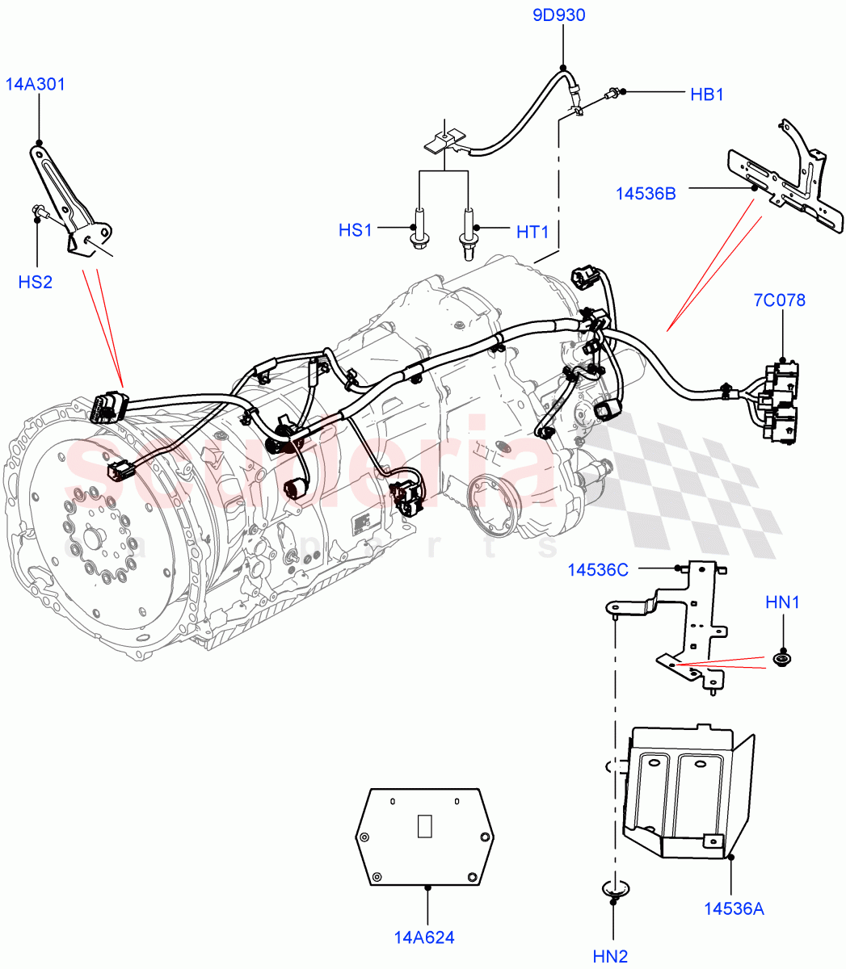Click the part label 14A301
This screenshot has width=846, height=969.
coord(36,84)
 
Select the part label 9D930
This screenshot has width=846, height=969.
coord(558,15)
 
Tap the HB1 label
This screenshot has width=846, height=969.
coord(706,94)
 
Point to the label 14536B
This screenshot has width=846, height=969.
coord(646,193)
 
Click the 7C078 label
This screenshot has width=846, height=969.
coord(779,301)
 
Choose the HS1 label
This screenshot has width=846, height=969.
coord(356,231)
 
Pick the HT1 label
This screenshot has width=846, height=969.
coord(532,233)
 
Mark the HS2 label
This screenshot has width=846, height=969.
coord(36,282)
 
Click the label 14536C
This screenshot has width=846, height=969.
coord(597,569)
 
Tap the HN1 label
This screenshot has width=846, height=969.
coord(782,602)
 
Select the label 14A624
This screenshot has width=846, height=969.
coord(424,938)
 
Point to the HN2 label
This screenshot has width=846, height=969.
coord(610,957)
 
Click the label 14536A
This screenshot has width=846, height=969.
coord(734,909)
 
